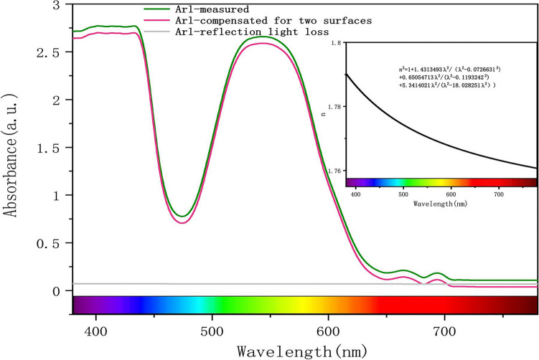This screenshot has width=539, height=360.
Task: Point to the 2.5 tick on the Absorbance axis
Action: pyautogui.click(x=55, y=53)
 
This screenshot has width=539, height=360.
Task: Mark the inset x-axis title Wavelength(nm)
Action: pyautogui.click(x=441, y=204)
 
